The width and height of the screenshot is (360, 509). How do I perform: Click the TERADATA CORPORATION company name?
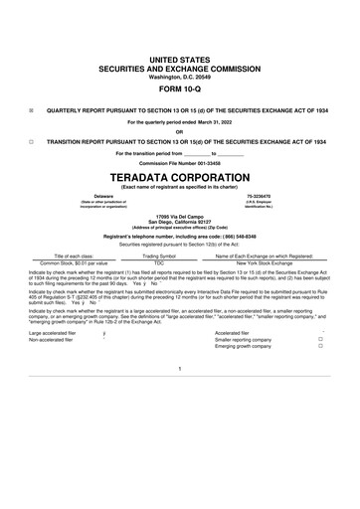(x=180, y=170)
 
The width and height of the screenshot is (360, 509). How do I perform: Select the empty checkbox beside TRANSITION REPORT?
(x=32, y=142)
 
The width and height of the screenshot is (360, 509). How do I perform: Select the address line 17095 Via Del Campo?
(x=180, y=215)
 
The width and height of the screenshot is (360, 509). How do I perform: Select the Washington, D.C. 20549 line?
(x=180, y=49)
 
